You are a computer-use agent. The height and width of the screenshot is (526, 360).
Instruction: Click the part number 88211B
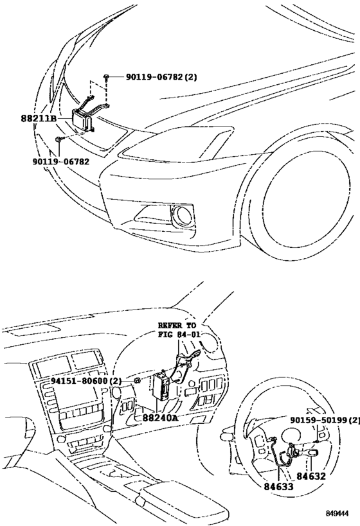click(39, 118)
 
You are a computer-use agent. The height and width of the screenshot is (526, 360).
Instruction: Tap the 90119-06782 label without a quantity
click(60, 161)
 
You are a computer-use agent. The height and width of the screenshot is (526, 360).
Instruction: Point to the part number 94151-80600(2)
click(87, 381)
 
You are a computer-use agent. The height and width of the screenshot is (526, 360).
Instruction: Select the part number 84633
click(277, 486)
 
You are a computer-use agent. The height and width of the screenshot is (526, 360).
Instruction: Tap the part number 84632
click(311, 476)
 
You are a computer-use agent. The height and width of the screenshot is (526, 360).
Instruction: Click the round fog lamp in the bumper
click(184, 216)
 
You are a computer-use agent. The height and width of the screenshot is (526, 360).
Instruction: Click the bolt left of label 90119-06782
click(58, 139)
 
